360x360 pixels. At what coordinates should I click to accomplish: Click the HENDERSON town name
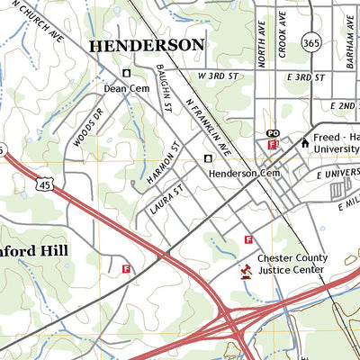pos(146,44)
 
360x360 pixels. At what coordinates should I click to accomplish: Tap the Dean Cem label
pos(125,88)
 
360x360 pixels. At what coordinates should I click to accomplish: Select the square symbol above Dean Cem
pos(126,74)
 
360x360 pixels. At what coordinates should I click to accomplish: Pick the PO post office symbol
pos(273,134)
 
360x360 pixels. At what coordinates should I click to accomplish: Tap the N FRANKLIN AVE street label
pos(210,125)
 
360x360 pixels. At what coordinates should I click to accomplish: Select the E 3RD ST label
pos(306,78)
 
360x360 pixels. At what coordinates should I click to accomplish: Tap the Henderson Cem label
pos(246,172)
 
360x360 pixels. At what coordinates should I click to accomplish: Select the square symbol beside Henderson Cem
pos(209,158)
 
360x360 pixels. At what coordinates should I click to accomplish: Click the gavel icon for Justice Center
pos(244,269)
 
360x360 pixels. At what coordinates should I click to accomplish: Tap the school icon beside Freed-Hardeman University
pos(304,141)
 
